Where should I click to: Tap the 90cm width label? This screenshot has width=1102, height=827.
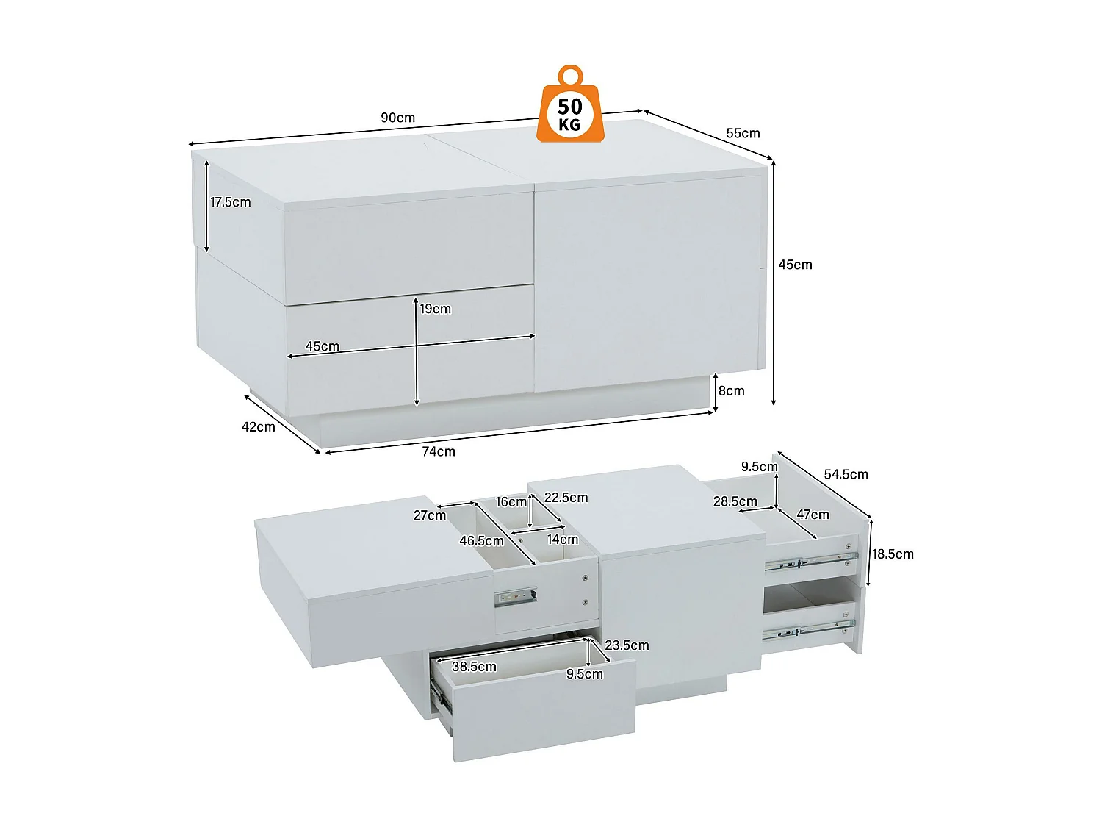coord(397,118)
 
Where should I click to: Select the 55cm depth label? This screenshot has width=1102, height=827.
coord(743,134)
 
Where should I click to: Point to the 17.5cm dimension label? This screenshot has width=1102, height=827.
coord(231,202)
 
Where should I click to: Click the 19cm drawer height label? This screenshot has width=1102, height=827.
coord(436,309)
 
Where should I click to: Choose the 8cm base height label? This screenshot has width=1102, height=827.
coord(732,390)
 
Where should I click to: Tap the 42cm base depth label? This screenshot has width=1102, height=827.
coord(259,427)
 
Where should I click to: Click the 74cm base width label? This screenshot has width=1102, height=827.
coord(439,451)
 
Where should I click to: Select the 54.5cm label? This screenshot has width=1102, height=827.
coord(846,474)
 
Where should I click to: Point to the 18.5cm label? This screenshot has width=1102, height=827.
coord(893,554)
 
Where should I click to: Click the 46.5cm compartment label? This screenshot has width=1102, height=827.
coord(481,541)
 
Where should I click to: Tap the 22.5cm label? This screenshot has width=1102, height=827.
coord(566,498)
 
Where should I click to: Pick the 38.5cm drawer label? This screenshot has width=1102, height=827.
coord(474,667)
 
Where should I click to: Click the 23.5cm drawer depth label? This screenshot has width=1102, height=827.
coord(627,645)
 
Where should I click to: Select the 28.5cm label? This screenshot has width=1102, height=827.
coord(735,501)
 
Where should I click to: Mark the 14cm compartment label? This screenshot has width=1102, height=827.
coord(563,540)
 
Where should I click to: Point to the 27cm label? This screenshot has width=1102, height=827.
coord(430,516)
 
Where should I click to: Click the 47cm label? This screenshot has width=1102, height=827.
coord(813,515)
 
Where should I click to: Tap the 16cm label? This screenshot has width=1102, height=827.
coord(511,502)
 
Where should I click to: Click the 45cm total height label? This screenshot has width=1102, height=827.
coord(795,265)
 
